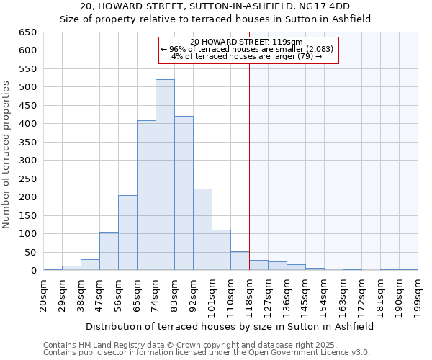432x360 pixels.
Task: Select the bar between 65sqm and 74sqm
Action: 146,195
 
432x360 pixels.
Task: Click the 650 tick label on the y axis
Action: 28,32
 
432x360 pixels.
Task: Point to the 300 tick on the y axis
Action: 28,161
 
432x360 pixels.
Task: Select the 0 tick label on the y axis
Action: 33,271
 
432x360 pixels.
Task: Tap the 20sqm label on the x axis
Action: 44,293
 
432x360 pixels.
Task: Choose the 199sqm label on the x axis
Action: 418,293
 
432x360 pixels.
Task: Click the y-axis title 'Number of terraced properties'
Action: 6,155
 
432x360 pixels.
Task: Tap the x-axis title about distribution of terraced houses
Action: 229,326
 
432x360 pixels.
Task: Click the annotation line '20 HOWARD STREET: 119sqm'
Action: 247,42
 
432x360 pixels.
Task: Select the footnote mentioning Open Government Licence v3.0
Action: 207,353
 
